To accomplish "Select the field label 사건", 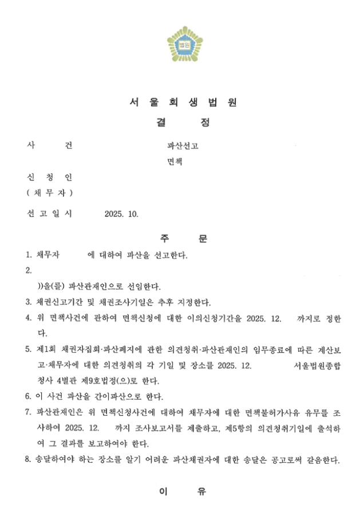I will [x=49, y=145].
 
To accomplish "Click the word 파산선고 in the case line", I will [x=183, y=146].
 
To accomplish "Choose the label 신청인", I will [x=49, y=178].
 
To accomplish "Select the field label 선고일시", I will [x=49, y=214].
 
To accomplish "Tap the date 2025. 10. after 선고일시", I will [x=121, y=214].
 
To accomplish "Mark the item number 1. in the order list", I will [x=29, y=254].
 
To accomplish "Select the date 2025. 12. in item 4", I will [x=264, y=318].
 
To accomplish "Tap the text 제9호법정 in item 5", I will [x=94, y=380].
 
